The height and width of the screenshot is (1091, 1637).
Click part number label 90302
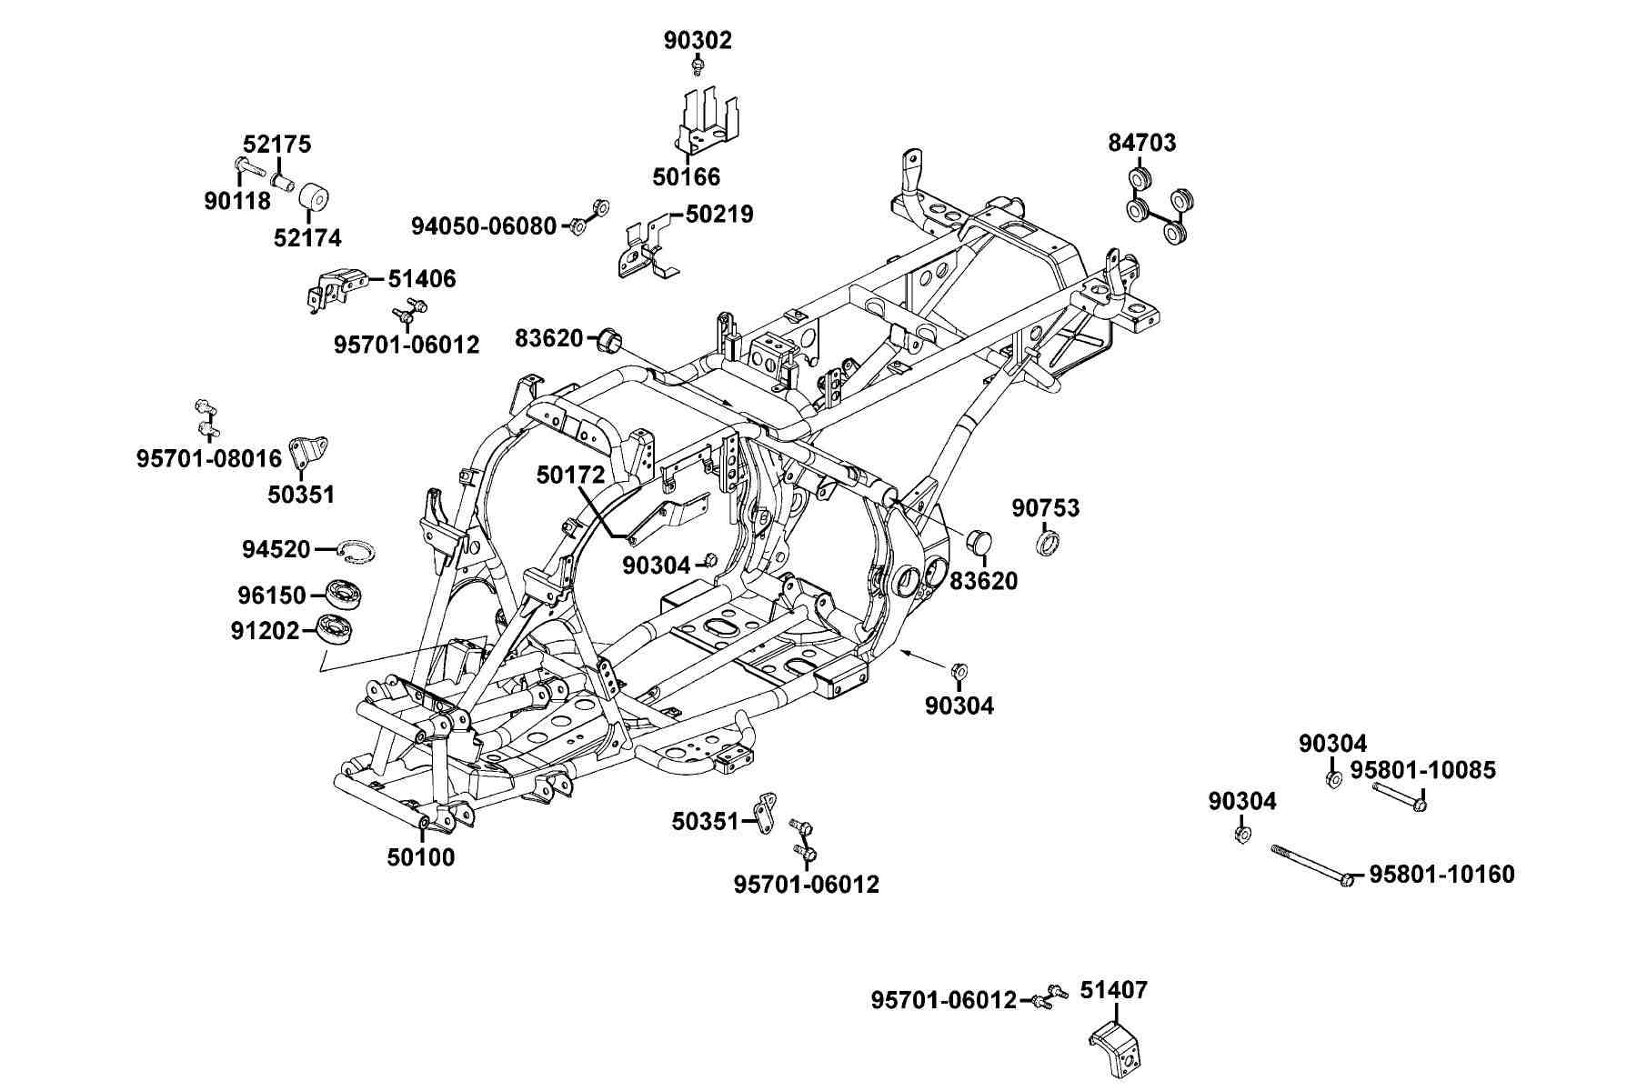698,40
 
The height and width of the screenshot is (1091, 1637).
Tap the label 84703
1141,143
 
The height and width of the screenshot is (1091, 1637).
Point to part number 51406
422,279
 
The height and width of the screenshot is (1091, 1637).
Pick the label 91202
265,629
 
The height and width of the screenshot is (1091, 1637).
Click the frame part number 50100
421,857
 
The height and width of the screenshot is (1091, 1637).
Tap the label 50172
570,475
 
